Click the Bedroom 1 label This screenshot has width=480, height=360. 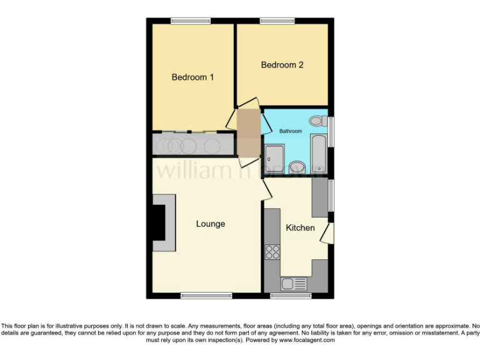[192, 77]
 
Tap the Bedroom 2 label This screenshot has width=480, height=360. [282, 64]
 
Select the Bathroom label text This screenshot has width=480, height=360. [291, 131]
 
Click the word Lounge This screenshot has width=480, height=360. [210, 224]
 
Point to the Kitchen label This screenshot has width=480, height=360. [300, 227]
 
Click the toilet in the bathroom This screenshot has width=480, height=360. [317, 121]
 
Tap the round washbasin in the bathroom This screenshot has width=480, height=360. [297, 166]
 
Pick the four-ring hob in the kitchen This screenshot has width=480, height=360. [272, 252]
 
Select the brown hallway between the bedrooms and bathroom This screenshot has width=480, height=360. [249, 132]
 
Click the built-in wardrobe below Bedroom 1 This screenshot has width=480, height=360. [192, 144]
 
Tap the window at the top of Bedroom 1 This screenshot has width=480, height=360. [191, 21]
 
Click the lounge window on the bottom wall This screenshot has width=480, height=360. [202, 295]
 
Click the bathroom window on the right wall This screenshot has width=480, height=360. [331, 133]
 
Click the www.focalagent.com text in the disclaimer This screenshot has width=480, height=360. [307, 341]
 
